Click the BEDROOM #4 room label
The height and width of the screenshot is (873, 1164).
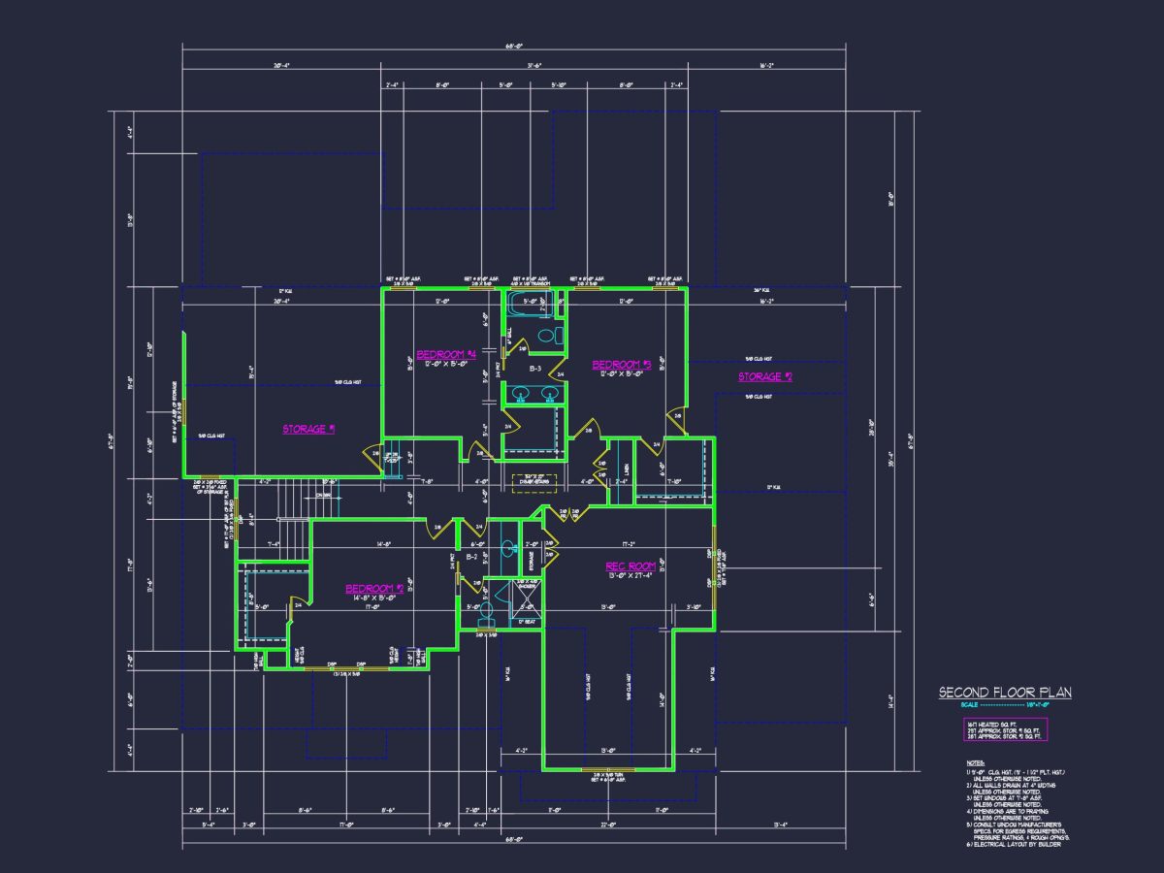pos(446,354)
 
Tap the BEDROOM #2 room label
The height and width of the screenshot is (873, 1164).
pos(374,589)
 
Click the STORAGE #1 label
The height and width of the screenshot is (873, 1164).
pos(308,429)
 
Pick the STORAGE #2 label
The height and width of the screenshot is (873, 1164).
pos(764,376)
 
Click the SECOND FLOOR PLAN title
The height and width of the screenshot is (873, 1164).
pos(1005,693)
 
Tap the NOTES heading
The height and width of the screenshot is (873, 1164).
pos(975,763)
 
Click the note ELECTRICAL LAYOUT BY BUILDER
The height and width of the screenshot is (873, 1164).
pos(1014,844)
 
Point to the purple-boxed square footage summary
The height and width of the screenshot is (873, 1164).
pos(1005,730)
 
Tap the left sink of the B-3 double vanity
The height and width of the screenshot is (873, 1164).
pos(520,394)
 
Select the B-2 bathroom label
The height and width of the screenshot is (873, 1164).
pos(471,559)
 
